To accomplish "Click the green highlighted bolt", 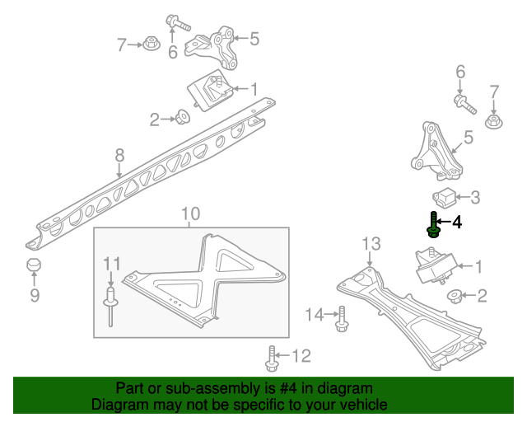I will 431,224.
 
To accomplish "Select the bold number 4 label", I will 457,222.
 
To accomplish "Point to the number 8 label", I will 119,154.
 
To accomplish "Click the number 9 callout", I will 34,293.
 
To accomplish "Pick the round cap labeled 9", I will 34,265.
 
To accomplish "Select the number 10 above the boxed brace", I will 190,214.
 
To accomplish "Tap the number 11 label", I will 111,264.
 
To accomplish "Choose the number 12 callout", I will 301,356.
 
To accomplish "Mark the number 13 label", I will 371,243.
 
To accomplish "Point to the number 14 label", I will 315,313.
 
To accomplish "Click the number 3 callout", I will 475,197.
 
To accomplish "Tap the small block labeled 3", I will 444,197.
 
